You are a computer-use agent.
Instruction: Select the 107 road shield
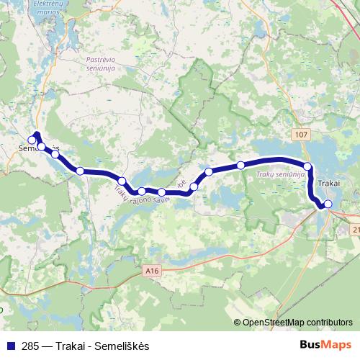point(300,135)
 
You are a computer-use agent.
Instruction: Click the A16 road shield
point(150,270)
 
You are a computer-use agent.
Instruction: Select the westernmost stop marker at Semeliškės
point(32,140)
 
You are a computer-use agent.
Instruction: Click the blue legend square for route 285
point(9,346)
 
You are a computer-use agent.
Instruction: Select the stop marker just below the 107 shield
point(307,167)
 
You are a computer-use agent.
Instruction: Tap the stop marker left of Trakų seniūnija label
point(240,166)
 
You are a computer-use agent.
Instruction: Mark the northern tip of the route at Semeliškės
point(37,133)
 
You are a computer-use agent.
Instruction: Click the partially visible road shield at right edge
point(356,228)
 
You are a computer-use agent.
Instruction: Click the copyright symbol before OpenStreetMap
point(238,323)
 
